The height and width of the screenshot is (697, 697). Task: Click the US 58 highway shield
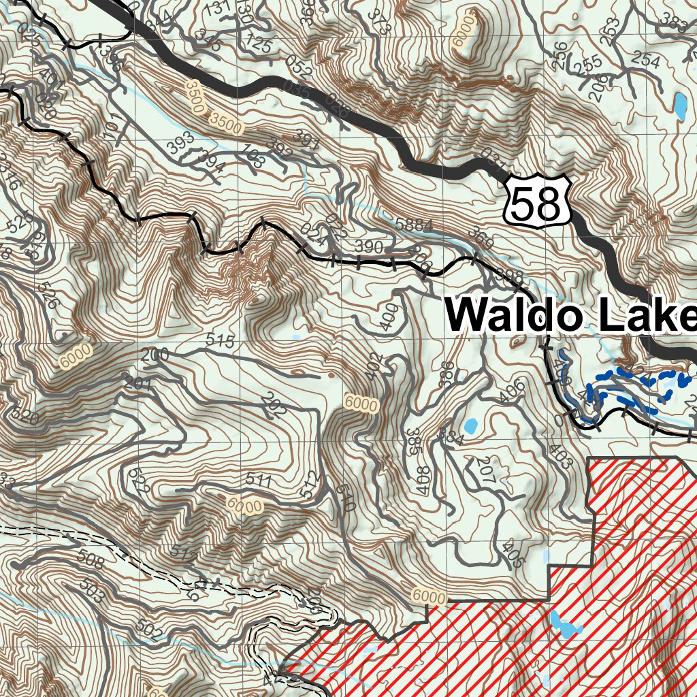[x=538, y=199]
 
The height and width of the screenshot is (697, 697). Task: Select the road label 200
[x=155, y=355]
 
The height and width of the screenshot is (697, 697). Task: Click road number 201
[x=137, y=383]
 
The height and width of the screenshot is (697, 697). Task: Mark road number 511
[x=259, y=481]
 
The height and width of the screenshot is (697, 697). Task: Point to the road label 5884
[x=413, y=224]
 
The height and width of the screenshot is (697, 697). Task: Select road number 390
[x=370, y=247]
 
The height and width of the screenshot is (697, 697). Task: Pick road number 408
[x=423, y=481]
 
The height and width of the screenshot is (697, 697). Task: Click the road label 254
[x=645, y=61]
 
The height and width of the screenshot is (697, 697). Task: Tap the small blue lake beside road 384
[x=470, y=427]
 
